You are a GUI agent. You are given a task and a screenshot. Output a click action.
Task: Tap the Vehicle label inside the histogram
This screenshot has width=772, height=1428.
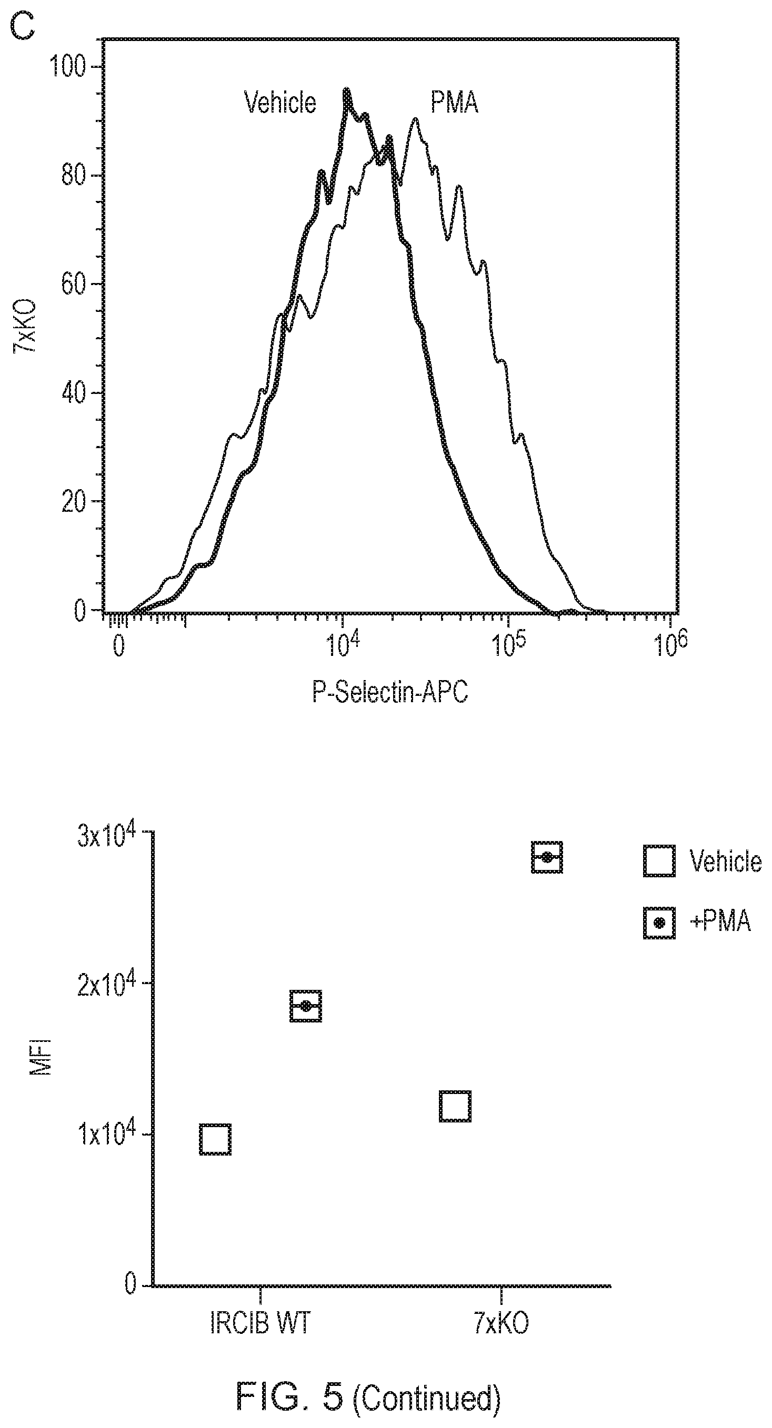tap(280, 103)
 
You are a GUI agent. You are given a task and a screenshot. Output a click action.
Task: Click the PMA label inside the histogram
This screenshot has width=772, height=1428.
tap(454, 103)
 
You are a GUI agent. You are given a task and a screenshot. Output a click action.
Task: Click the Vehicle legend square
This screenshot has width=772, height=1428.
tap(659, 861)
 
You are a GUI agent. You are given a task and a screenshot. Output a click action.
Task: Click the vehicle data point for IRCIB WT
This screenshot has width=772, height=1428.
tap(215, 1139)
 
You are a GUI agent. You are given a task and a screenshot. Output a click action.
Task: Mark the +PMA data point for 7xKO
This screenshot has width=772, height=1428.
tap(547, 857)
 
